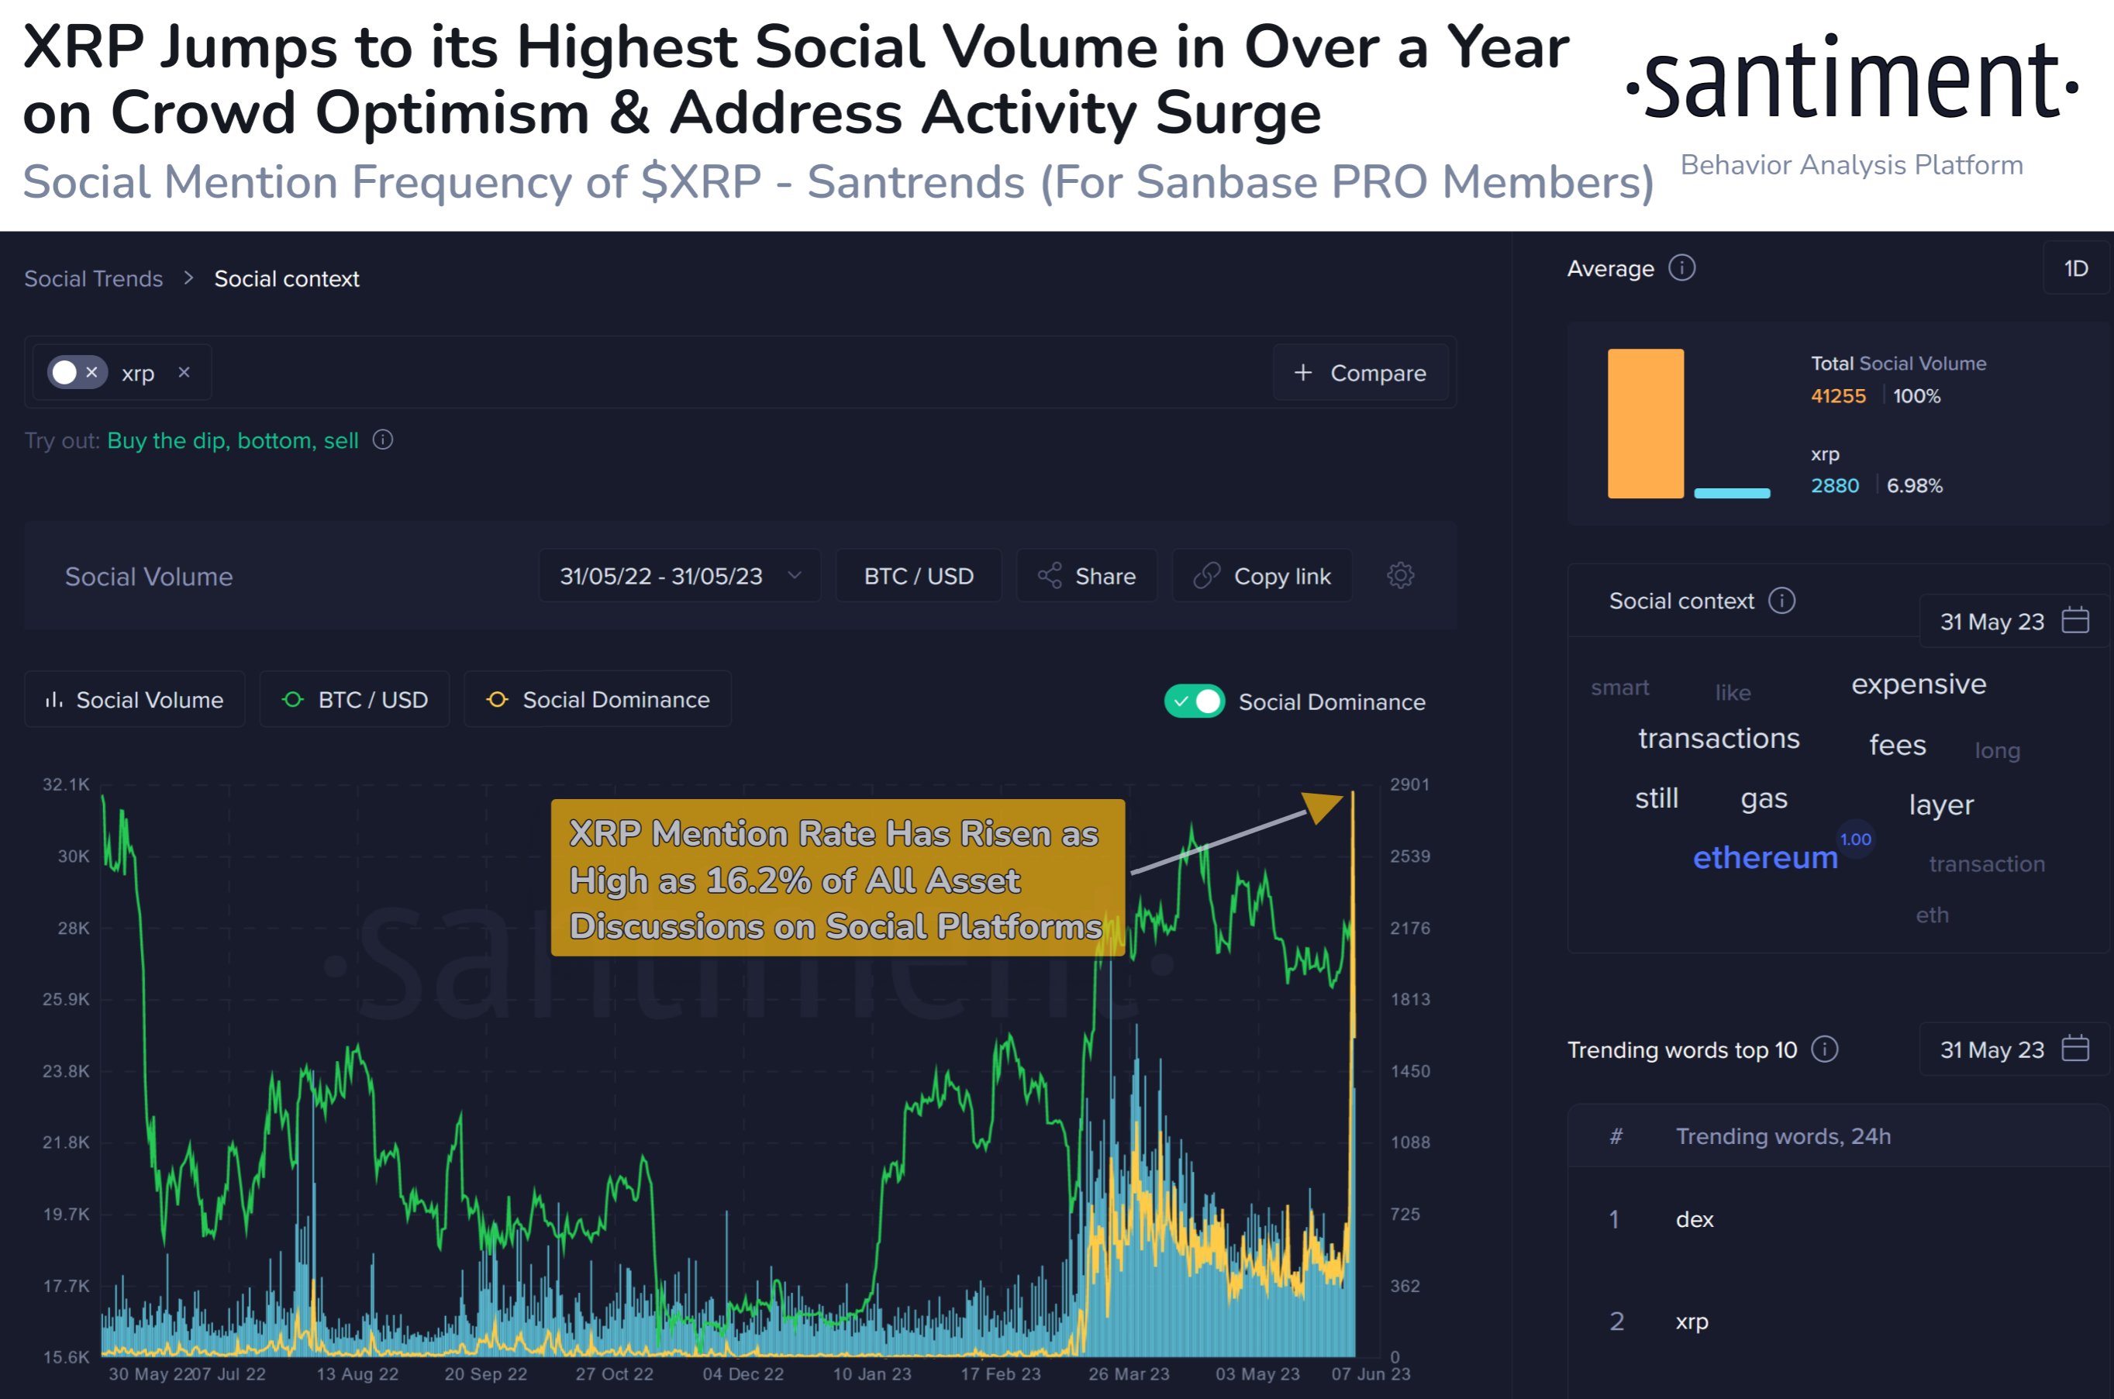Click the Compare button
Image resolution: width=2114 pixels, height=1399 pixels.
click(x=1360, y=373)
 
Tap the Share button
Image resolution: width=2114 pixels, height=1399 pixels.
click(x=1087, y=577)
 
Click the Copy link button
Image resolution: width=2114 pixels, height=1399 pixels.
click(x=1262, y=577)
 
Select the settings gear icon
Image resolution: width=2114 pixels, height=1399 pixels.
click(x=1400, y=575)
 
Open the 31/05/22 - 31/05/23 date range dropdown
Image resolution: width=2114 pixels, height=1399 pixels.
click(x=679, y=577)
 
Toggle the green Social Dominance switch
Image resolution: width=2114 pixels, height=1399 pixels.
click(x=1194, y=701)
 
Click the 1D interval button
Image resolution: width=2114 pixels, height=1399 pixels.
click(x=2076, y=268)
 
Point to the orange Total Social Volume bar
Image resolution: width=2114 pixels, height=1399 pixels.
click(x=1645, y=423)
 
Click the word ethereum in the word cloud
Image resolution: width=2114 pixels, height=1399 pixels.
click(x=1765, y=857)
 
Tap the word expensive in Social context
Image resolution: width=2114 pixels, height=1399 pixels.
click(x=1919, y=684)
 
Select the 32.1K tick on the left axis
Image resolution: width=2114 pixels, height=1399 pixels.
click(x=66, y=784)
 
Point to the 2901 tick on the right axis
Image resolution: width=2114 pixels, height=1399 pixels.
click(x=1409, y=784)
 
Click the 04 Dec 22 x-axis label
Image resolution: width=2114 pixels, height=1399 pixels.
click(x=743, y=1374)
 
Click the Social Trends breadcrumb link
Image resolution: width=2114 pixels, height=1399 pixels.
click(x=94, y=279)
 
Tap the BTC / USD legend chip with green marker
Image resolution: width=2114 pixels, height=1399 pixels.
click(x=354, y=699)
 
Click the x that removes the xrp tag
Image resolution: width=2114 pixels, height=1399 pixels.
click(x=184, y=372)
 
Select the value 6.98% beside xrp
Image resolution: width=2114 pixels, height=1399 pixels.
click(x=1914, y=486)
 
